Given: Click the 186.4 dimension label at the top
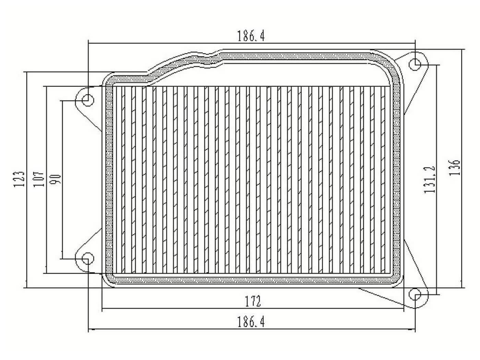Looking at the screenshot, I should pyautogui.click(x=251, y=36).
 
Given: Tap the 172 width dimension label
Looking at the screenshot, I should pyautogui.click(x=253, y=301).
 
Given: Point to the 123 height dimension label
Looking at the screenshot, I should pyautogui.click(x=19, y=179).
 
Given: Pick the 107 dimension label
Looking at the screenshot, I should pyautogui.click(x=39, y=179).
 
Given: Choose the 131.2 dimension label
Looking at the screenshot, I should pyautogui.click(x=429, y=179).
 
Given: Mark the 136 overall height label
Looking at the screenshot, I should pyautogui.click(x=455, y=167).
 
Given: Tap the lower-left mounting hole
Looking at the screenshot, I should pyautogui.click(x=88, y=258).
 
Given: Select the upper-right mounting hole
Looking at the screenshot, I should pyautogui.click(x=416, y=64).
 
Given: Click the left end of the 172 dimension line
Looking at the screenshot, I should pyautogui.click(x=103, y=308).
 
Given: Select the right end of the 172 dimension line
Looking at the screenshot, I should pyautogui.click(x=404, y=308).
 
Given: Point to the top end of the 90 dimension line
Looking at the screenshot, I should pyautogui.click(x=62, y=101).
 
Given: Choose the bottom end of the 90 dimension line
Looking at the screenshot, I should pyautogui.click(x=62, y=259).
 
